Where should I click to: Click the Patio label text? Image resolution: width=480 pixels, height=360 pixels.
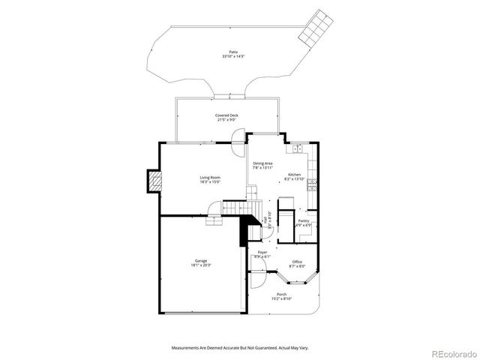pyautogui.click(x=234, y=52)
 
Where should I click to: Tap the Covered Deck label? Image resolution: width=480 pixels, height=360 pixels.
pyautogui.click(x=227, y=115)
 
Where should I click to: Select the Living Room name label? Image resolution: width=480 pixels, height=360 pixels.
pyautogui.click(x=210, y=177)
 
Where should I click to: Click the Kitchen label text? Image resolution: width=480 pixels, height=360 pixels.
pyautogui.click(x=294, y=175)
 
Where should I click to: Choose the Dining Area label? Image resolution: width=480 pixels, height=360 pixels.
pyautogui.click(x=262, y=163)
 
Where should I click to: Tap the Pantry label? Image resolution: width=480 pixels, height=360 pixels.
pyautogui.click(x=304, y=220)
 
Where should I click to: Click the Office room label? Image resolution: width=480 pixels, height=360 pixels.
pyautogui.click(x=297, y=262)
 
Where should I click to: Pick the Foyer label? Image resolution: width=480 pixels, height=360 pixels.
pyautogui.click(x=262, y=252)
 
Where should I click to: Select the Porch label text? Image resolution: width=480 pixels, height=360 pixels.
pyautogui.click(x=282, y=294)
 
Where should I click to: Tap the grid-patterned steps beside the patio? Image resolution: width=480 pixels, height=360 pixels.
pyautogui.click(x=314, y=31)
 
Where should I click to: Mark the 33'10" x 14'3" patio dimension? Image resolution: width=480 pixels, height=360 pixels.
pyautogui.click(x=234, y=57)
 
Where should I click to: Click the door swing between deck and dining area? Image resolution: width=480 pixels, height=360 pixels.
pyautogui.click(x=238, y=137)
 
